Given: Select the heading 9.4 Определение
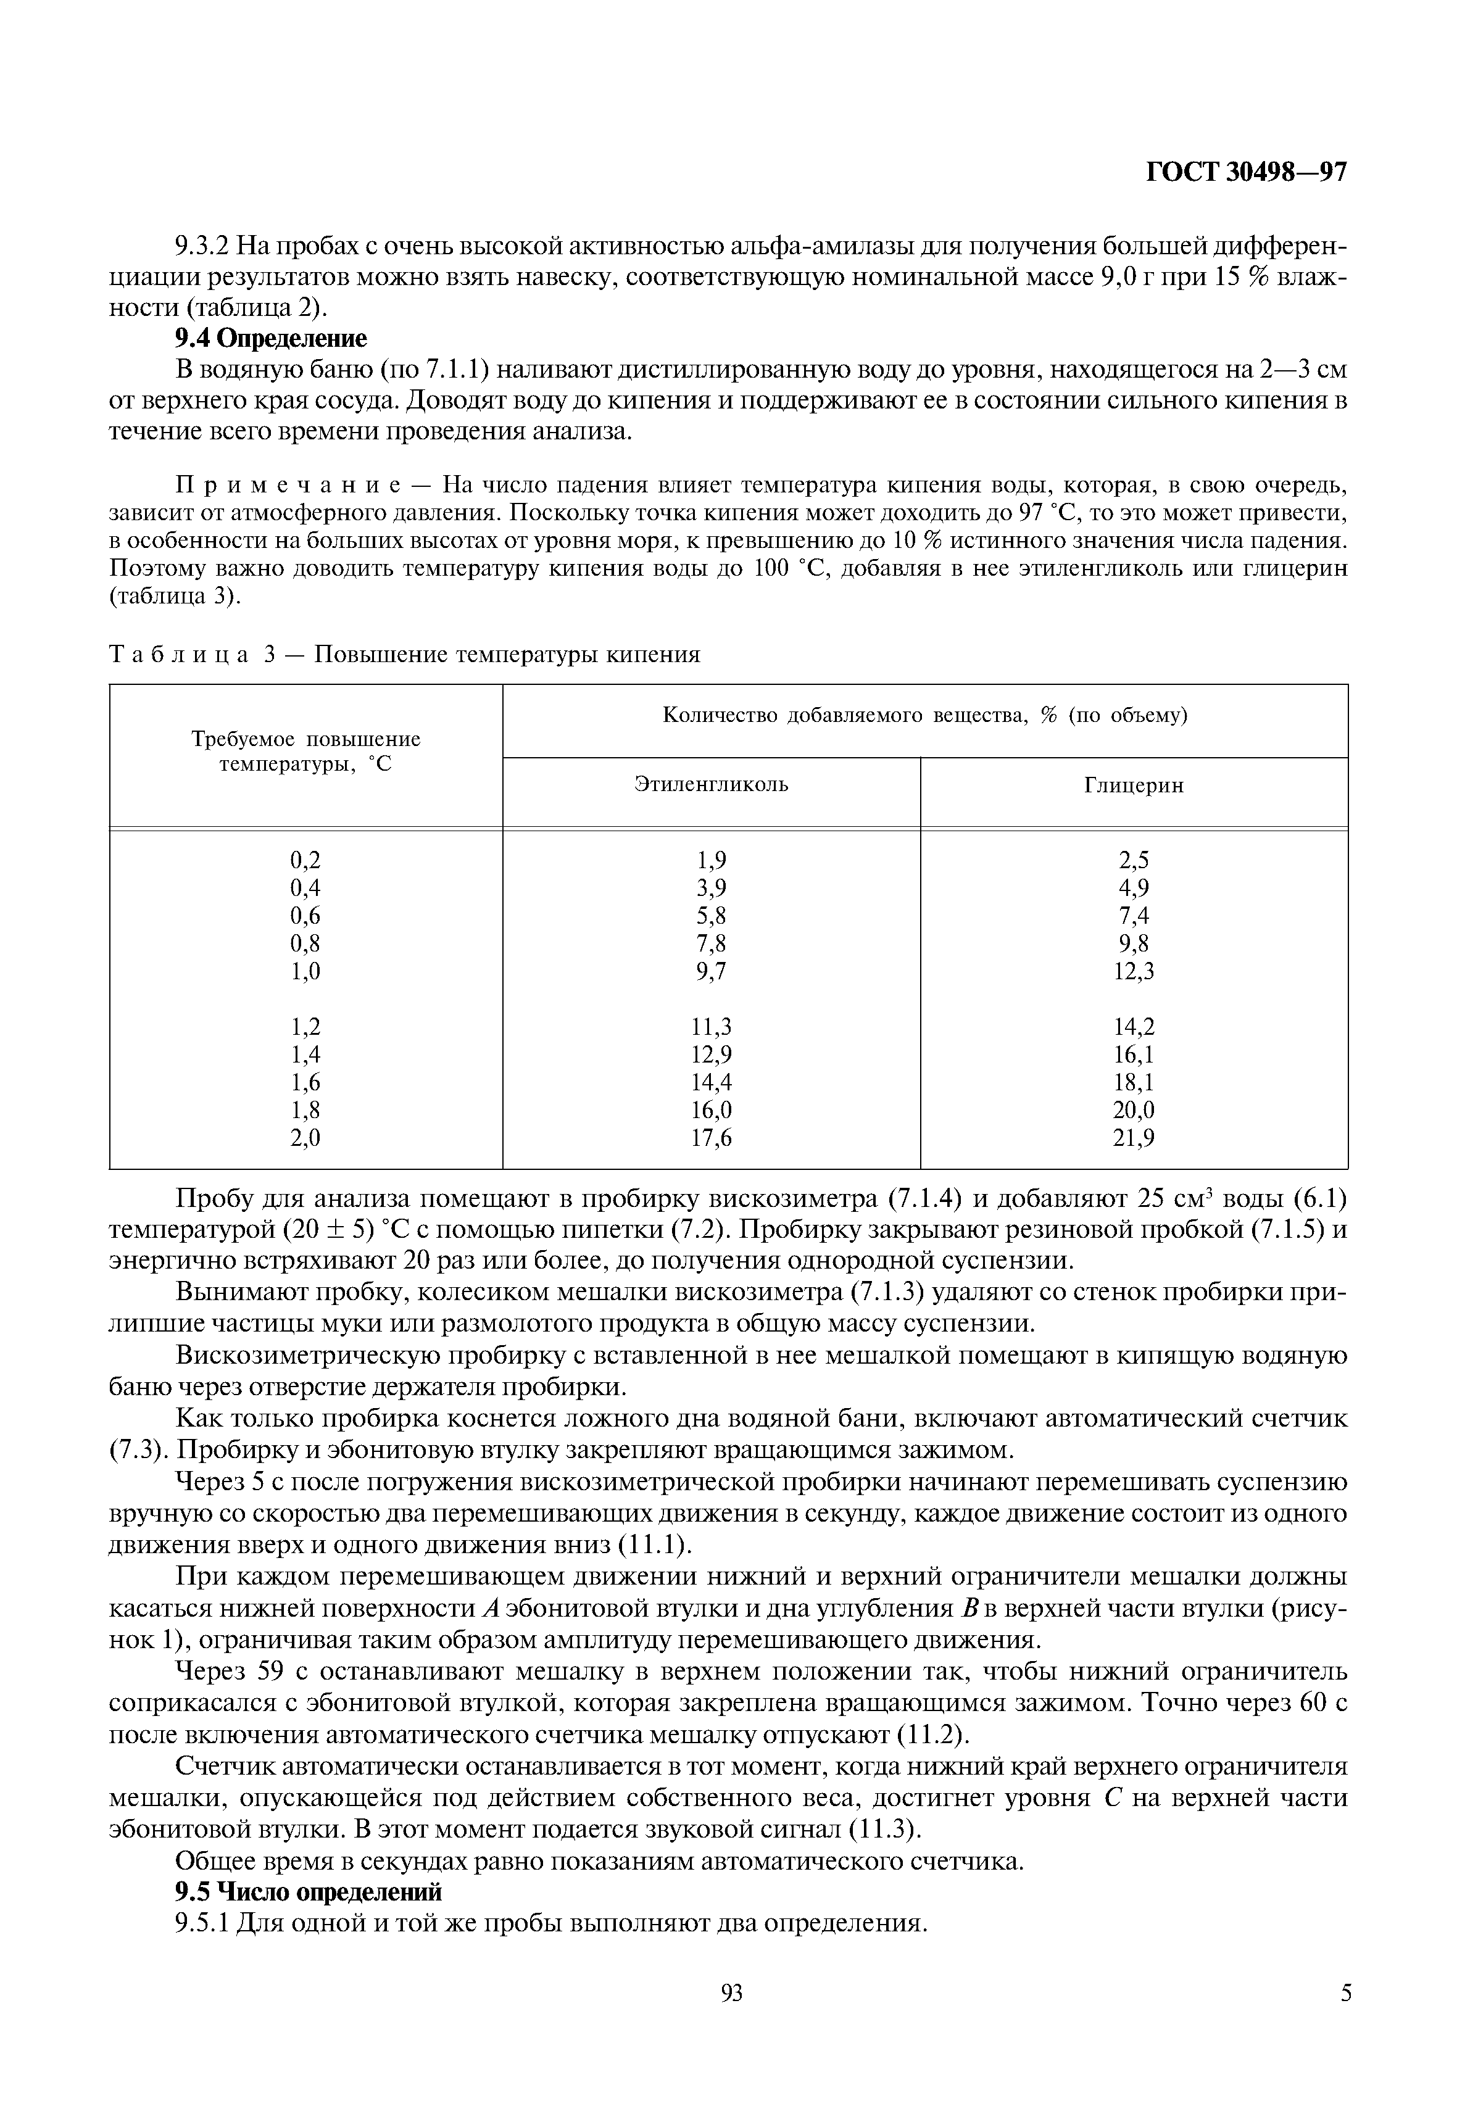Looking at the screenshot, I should [x=270, y=339].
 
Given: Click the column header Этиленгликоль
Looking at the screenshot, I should [x=711, y=784].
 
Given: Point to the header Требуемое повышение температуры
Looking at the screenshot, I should [x=306, y=751].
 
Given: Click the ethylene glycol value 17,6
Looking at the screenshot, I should [x=711, y=1138].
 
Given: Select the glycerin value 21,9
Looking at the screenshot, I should [x=1134, y=1138].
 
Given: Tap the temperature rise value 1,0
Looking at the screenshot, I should [x=306, y=971].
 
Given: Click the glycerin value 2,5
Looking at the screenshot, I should [x=1134, y=860].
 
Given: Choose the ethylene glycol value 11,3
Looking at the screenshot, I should [x=711, y=1027].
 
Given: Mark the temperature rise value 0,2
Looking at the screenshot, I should [x=306, y=860].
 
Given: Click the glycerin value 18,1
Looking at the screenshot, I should [x=1134, y=1082].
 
